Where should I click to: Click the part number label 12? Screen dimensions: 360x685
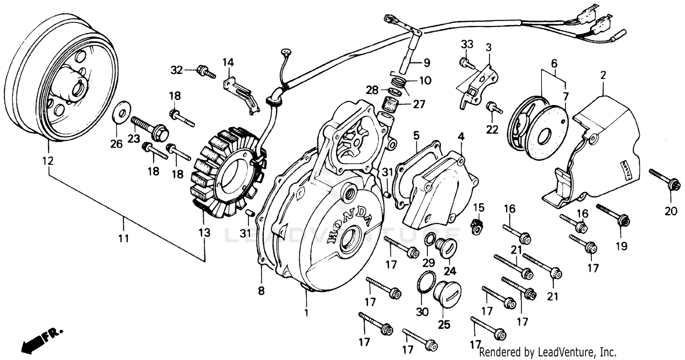click(48, 161)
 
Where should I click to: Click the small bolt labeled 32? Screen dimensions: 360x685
click(205, 72)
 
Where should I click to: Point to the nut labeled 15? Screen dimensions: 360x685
click(476, 225)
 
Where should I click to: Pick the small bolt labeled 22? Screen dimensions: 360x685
click(494, 108)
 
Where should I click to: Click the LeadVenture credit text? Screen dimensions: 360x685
click(548, 352)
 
